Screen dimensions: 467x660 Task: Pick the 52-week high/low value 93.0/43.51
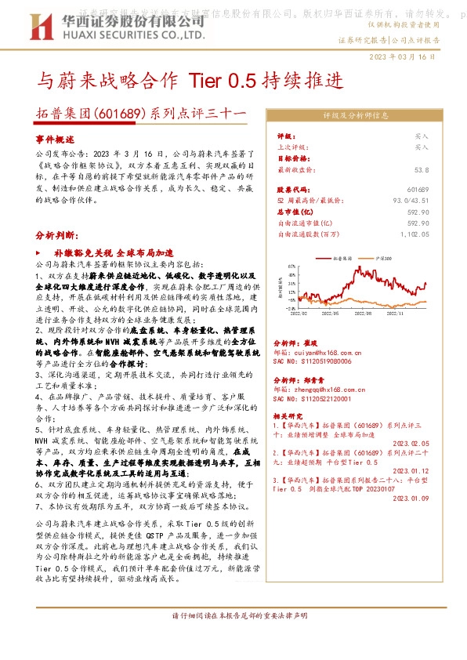(411, 201)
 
